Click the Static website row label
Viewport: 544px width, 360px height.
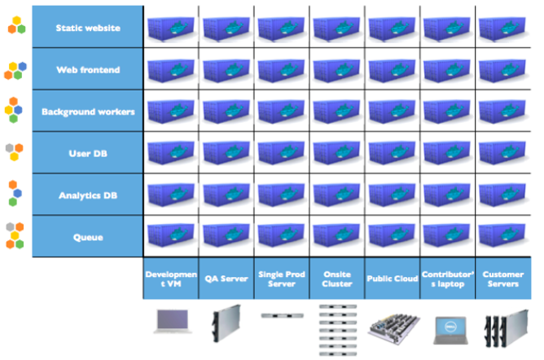(x=88, y=28)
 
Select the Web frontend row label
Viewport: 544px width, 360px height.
(x=88, y=70)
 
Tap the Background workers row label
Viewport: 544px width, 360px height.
(x=88, y=111)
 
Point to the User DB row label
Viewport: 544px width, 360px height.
(x=88, y=152)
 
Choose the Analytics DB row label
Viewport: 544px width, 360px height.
(x=88, y=195)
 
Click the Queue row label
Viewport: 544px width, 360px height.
(x=88, y=237)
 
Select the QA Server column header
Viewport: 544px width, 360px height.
(x=226, y=279)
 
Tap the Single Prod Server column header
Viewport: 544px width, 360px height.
(x=282, y=279)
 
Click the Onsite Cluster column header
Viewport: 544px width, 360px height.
(x=337, y=279)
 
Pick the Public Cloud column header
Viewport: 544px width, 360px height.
(x=393, y=279)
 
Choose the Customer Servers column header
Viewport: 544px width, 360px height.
(x=503, y=279)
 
